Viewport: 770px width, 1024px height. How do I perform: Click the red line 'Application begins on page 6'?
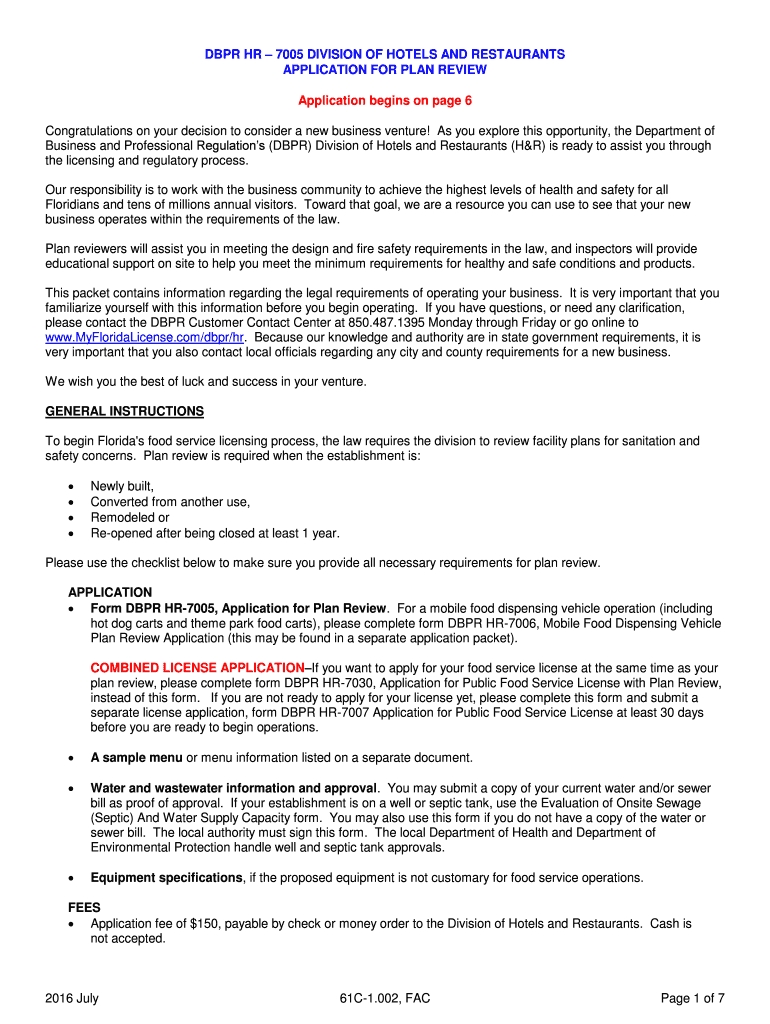coord(385,101)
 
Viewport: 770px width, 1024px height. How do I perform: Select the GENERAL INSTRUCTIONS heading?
coord(125,411)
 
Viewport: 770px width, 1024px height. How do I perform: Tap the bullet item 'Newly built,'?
coord(122,486)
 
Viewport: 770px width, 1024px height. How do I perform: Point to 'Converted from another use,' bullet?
coord(170,502)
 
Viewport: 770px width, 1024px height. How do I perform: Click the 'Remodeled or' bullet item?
coord(129,518)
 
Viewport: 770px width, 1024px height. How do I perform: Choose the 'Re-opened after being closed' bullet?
coord(214,533)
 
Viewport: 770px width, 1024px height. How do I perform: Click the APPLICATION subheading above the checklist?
coord(110,592)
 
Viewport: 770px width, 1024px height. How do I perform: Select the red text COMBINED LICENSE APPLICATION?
coord(198,667)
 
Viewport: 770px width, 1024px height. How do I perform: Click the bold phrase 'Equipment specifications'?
coord(166,878)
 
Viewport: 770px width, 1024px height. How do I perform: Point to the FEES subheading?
coord(83,908)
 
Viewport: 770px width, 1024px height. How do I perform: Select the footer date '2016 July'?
coord(72,997)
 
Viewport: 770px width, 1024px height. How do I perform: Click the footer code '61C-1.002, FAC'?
coord(385,997)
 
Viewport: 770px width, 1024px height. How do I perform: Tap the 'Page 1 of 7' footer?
coord(693,997)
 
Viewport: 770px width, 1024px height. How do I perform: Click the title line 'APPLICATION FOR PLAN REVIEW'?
coord(385,70)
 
